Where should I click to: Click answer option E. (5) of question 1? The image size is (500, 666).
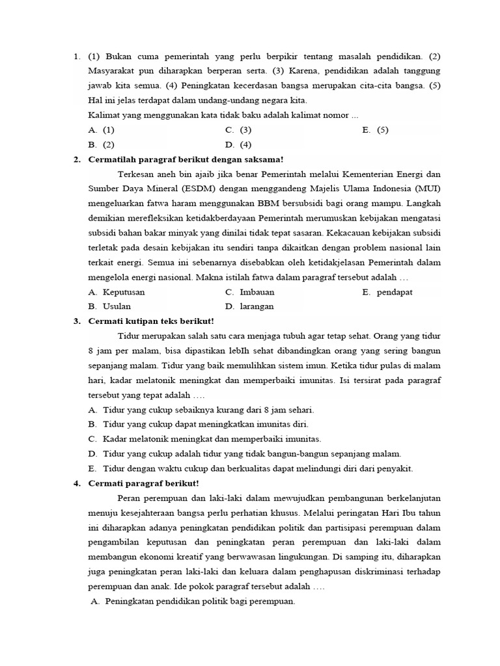375,129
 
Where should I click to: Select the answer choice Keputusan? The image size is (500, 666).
124,292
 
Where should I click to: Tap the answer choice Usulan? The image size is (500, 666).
117,306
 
